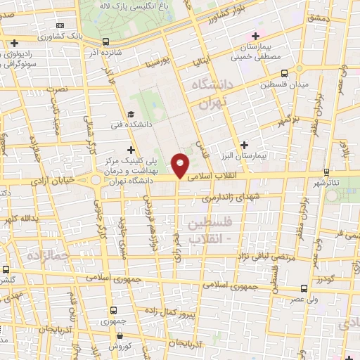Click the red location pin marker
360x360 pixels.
pos(181,165)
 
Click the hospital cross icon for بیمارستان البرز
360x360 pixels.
pos(243,144)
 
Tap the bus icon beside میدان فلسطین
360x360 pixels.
pos(284,73)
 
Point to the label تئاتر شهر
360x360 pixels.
pos(326,184)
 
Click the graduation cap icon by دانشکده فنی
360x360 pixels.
pos(131,114)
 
